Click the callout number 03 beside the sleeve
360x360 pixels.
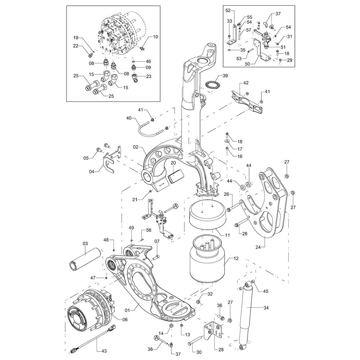[x=85, y=244]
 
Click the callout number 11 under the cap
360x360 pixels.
[x=227, y=235]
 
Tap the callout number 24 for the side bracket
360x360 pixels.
[x=258, y=247]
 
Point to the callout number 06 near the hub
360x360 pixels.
[x=125, y=319]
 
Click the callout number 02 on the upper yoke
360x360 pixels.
[x=135, y=147]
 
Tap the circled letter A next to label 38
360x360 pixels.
[x=156, y=338]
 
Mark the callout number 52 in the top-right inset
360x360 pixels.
[x=228, y=10]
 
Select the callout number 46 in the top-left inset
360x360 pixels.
[x=148, y=61]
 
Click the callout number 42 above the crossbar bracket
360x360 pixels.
[x=246, y=83]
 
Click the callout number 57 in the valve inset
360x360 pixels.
[x=249, y=30]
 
